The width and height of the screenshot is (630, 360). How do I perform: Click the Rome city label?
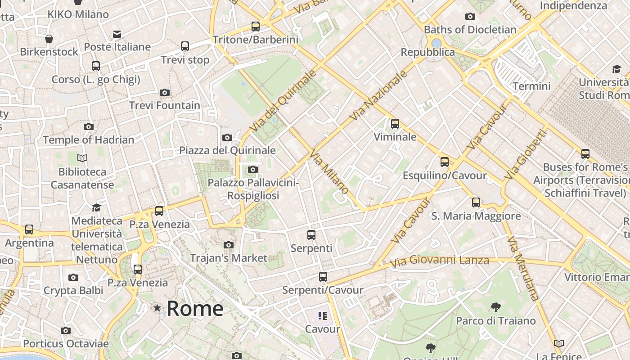pos(195,309)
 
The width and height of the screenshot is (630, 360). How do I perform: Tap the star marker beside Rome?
pos(157,308)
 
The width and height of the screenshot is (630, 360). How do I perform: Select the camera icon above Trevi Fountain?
pos(165,93)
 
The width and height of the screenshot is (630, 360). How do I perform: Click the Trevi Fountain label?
pos(165,105)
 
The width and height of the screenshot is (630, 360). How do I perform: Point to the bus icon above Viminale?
pos(395,123)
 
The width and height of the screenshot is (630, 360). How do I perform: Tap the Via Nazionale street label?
pos(378,96)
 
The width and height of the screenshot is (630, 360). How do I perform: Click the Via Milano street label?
pos(329,173)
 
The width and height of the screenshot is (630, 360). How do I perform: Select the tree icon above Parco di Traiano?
pos(496,307)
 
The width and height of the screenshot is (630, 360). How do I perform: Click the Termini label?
pos(531,86)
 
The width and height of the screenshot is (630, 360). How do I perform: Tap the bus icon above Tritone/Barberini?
pos(256,27)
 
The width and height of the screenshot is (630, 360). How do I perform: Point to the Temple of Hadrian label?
pos(89,139)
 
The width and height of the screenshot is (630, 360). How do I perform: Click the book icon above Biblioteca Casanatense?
pos(82,158)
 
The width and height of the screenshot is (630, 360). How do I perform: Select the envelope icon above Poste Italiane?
pos(117,34)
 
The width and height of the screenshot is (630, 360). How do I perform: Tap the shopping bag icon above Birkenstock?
pos(49,39)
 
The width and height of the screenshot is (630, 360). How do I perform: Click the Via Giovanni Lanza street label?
pos(439,261)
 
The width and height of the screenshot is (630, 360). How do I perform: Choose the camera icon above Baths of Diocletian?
pos(470,17)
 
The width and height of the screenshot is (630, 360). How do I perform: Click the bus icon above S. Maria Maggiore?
pos(476,202)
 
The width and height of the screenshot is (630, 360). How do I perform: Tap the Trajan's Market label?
pos(229,258)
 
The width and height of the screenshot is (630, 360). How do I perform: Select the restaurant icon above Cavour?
pos(322,316)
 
